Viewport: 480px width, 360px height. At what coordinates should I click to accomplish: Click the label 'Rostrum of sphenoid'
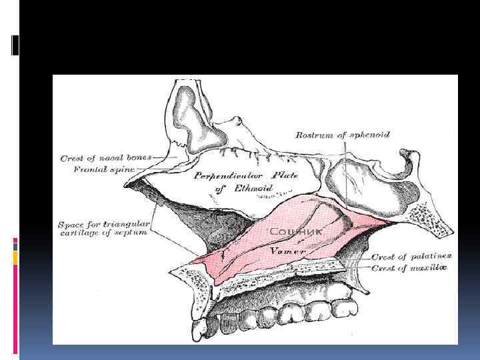pos(342,135)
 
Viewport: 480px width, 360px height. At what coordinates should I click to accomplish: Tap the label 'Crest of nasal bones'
pos(106,159)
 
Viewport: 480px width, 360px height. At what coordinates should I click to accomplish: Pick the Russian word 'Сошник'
pos(296,231)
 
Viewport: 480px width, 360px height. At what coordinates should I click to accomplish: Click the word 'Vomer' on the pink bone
pos(287,251)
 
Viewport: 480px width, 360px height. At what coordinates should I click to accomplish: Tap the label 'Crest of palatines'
pos(411,256)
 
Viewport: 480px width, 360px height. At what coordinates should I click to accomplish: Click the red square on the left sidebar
pos(15,245)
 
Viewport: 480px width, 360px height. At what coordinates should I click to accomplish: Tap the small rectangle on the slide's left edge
pos(15,45)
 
